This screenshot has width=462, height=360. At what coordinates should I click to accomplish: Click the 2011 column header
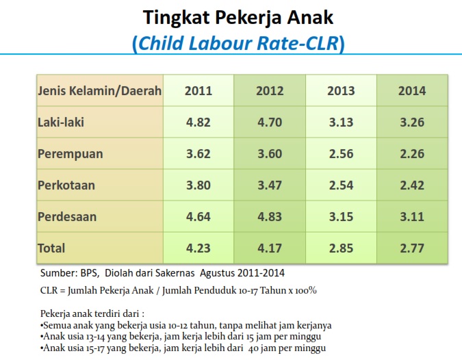pyautogui.click(x=198, y=90)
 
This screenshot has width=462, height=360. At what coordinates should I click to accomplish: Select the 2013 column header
pyautogui.click(x=341, y=90)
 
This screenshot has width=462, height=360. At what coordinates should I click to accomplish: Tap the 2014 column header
pyautogui.click(x=412, y=90)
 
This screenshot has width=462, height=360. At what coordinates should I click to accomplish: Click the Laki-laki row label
pyautogui.click(x=62, y=122)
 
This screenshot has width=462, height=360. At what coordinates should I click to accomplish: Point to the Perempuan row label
pyautogui.click(x=70, y=153)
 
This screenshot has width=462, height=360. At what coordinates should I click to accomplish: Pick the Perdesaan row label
pyautogui.click(x=67, y=217)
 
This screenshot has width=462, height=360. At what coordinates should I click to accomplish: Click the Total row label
pyautogui.click(x=51, y=248)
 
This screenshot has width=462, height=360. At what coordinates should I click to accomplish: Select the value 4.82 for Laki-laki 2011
pyautogui.click(x=198, y=122)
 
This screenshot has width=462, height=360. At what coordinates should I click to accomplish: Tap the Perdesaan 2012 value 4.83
pyautogui.click(x=270, y=217)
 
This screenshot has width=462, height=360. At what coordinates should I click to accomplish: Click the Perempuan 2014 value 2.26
pyautogui.click(x=412, y=153)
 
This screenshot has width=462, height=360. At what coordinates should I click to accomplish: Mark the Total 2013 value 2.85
pyautogui.click(x=341, y=248)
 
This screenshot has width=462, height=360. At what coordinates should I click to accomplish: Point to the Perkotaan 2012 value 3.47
pyautogui.click(x=270, y=185)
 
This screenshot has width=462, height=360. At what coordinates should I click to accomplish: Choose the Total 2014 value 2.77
pyautogui.click(x=412, y=248)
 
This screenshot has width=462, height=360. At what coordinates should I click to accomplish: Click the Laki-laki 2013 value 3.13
pyautogui.click(x=341, y=122)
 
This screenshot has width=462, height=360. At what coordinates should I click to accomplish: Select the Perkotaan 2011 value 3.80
pyautogui.click(x=198, y=185)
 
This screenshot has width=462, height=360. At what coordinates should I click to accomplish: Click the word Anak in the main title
pyautogui.click(x=305, y=16)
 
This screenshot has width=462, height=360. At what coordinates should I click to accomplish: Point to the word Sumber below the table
pyautogui.click(x=57, y=273)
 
